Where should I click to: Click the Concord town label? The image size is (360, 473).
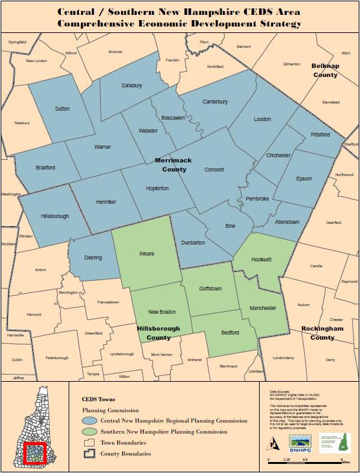(214, 170)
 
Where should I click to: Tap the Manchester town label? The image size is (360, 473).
(263, 309)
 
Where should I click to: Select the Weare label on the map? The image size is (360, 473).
(146, 254)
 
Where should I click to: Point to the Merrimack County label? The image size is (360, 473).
(170, 164)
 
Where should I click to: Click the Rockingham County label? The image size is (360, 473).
(322, 333)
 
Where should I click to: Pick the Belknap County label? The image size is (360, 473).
(325, 71)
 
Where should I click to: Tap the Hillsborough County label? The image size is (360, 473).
(154, 333)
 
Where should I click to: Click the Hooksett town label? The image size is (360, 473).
(262, 259)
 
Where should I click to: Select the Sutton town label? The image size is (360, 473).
(62, 109)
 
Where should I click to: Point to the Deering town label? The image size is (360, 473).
(93, 258)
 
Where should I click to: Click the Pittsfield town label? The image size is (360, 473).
(320, 134)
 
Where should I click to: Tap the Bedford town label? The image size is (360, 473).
(230, 333)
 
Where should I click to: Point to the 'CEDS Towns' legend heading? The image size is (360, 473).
(98, 400)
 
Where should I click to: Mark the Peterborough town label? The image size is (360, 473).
(57, 358)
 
